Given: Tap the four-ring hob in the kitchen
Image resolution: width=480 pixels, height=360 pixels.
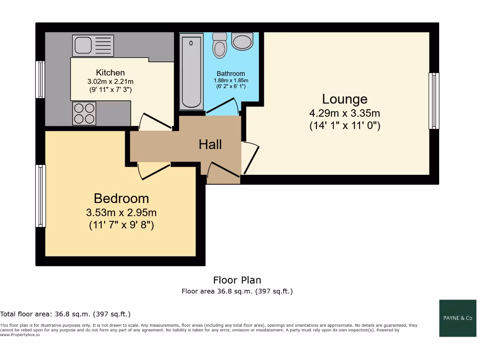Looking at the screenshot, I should [84, 113].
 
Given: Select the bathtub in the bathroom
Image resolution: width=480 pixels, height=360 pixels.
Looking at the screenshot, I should [191, 71].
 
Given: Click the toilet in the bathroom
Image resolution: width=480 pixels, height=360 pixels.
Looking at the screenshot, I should [219, 45].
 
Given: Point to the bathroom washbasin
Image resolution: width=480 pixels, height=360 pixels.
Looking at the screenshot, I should [242, 42].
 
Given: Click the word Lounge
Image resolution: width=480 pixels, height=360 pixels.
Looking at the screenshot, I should [345, 99].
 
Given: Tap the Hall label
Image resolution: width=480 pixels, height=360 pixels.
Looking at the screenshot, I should [210, 144].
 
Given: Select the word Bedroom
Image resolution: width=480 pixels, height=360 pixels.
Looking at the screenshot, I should [121, 198].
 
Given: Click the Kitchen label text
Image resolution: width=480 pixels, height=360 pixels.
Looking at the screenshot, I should [110, 73].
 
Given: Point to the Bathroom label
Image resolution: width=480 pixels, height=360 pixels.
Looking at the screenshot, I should [231, 74].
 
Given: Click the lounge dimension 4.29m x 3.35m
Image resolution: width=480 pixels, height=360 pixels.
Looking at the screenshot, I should [345, 113].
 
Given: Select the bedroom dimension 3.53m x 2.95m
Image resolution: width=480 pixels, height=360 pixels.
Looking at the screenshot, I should [121, 212].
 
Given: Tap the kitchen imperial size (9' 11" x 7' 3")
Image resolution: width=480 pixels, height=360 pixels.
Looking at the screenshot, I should [110, 89].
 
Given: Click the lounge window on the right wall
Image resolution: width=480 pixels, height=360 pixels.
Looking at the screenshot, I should [435, 101].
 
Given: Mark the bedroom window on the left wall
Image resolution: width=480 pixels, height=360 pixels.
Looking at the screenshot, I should [41, 195].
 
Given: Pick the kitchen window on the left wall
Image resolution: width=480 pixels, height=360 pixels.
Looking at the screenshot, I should [41, 79].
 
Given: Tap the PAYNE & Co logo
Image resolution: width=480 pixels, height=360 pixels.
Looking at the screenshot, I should [457, 318].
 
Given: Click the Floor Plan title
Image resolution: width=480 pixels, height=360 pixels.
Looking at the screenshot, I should [237, 280].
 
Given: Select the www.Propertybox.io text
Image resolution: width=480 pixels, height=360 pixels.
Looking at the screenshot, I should [20, 335].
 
